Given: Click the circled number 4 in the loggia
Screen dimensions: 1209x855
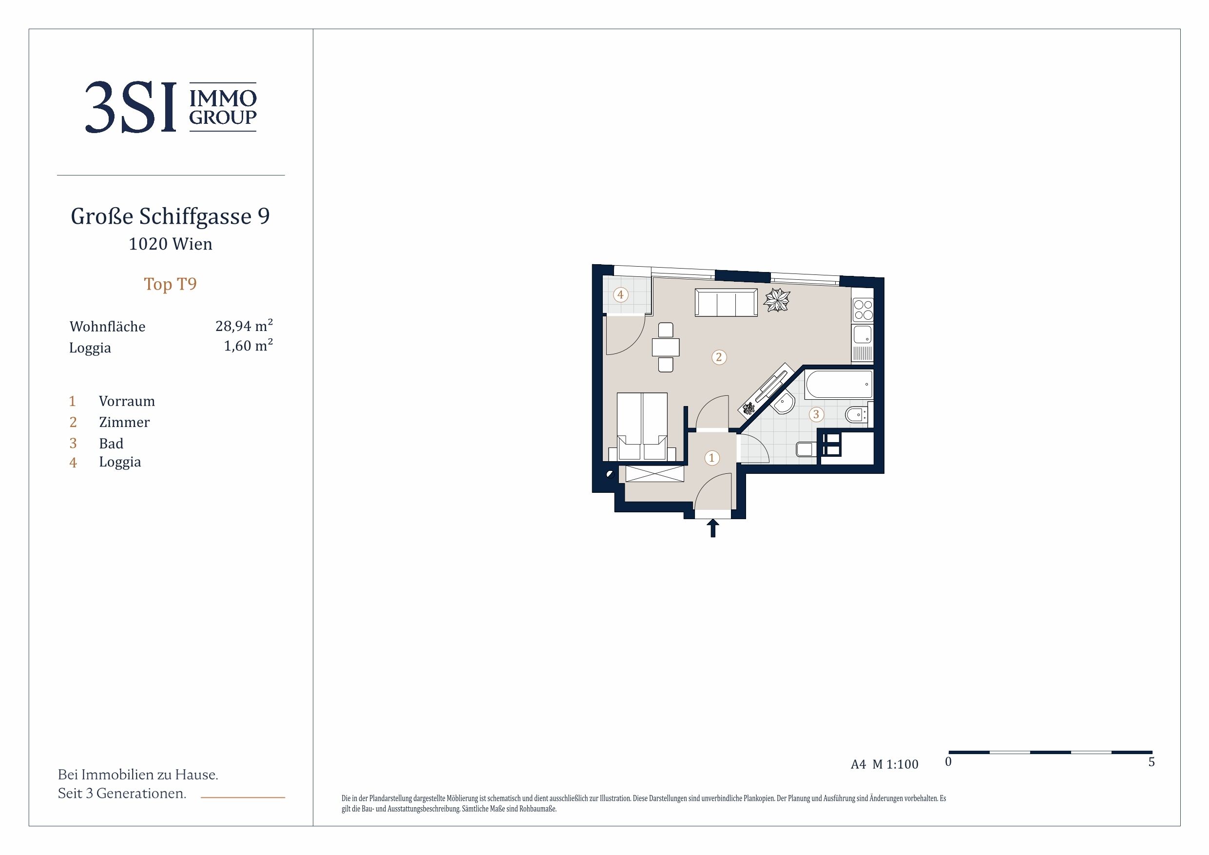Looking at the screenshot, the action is [620, 294].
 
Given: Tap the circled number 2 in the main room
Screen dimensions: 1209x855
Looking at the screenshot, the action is [719, 357].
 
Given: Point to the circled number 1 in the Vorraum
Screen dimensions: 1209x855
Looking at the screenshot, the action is [712, 458].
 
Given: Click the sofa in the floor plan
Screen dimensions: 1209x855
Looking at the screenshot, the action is [726, 302].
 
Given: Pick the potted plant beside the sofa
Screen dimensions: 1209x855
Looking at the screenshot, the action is [777, 300].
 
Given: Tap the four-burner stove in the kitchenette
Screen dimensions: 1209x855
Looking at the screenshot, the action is [863, 310].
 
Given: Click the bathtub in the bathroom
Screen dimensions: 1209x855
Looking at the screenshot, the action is [839, 384].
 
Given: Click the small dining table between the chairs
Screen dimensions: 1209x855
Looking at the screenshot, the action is [666, 347].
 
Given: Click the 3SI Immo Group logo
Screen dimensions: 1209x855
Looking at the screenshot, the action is [171, 107].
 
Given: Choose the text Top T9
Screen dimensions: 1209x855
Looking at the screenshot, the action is [170, 284].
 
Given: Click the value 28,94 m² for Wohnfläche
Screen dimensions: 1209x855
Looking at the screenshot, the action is [244, 326].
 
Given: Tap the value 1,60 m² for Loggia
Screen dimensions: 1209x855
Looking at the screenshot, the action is [248, 346].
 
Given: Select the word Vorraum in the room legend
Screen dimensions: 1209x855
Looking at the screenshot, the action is [127, 402].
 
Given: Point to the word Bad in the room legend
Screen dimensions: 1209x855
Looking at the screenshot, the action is [111, 444].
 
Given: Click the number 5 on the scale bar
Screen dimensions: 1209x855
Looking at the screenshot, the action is [1151, 762].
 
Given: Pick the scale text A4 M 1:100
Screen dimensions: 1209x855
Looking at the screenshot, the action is [884, 764].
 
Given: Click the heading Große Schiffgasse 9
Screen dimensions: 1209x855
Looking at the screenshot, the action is [170, 216].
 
